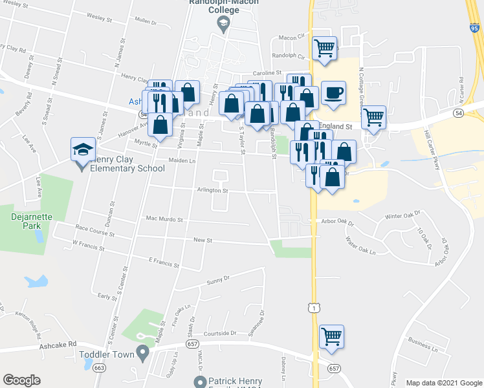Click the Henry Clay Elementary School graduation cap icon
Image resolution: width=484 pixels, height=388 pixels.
point(82,150)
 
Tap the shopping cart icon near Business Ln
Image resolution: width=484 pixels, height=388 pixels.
point(331,336)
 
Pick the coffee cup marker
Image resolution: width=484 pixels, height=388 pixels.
point(333,92)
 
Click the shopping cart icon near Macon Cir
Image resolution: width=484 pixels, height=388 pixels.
point(324,48)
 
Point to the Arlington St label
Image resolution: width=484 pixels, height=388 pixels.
point(213,191)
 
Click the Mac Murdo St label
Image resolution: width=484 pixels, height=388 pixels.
point(164,219)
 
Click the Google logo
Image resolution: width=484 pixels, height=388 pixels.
point(22,380)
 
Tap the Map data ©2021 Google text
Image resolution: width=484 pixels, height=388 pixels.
point(443,383)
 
